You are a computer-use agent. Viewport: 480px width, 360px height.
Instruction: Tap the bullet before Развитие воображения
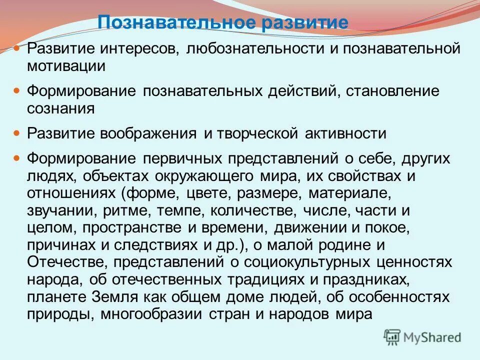(16, 133)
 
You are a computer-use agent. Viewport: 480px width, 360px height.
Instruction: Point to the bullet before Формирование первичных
(16, 158)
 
